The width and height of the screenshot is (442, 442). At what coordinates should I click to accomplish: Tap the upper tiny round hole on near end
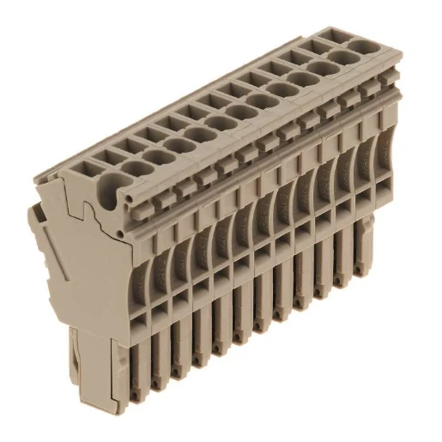tap(128, 198)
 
